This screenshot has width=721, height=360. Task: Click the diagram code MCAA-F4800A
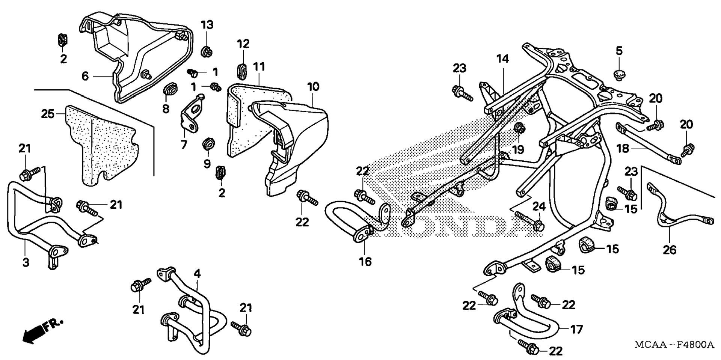click(x=674, y=345)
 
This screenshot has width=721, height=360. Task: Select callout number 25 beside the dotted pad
click(x=48, y=114)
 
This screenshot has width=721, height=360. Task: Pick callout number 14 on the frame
click(x=503, y=59)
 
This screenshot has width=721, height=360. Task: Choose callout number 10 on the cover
click(x=313, y=87)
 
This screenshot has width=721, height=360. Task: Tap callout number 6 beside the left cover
click(x=86, y=76)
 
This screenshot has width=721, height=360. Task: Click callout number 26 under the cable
click(x=670, y=249)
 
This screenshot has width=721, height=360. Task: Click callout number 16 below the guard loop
click(x=365, y=262)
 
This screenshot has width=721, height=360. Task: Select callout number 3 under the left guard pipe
click(x=26, y=262)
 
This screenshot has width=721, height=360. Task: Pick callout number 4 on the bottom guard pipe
click(x=197, y=274)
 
